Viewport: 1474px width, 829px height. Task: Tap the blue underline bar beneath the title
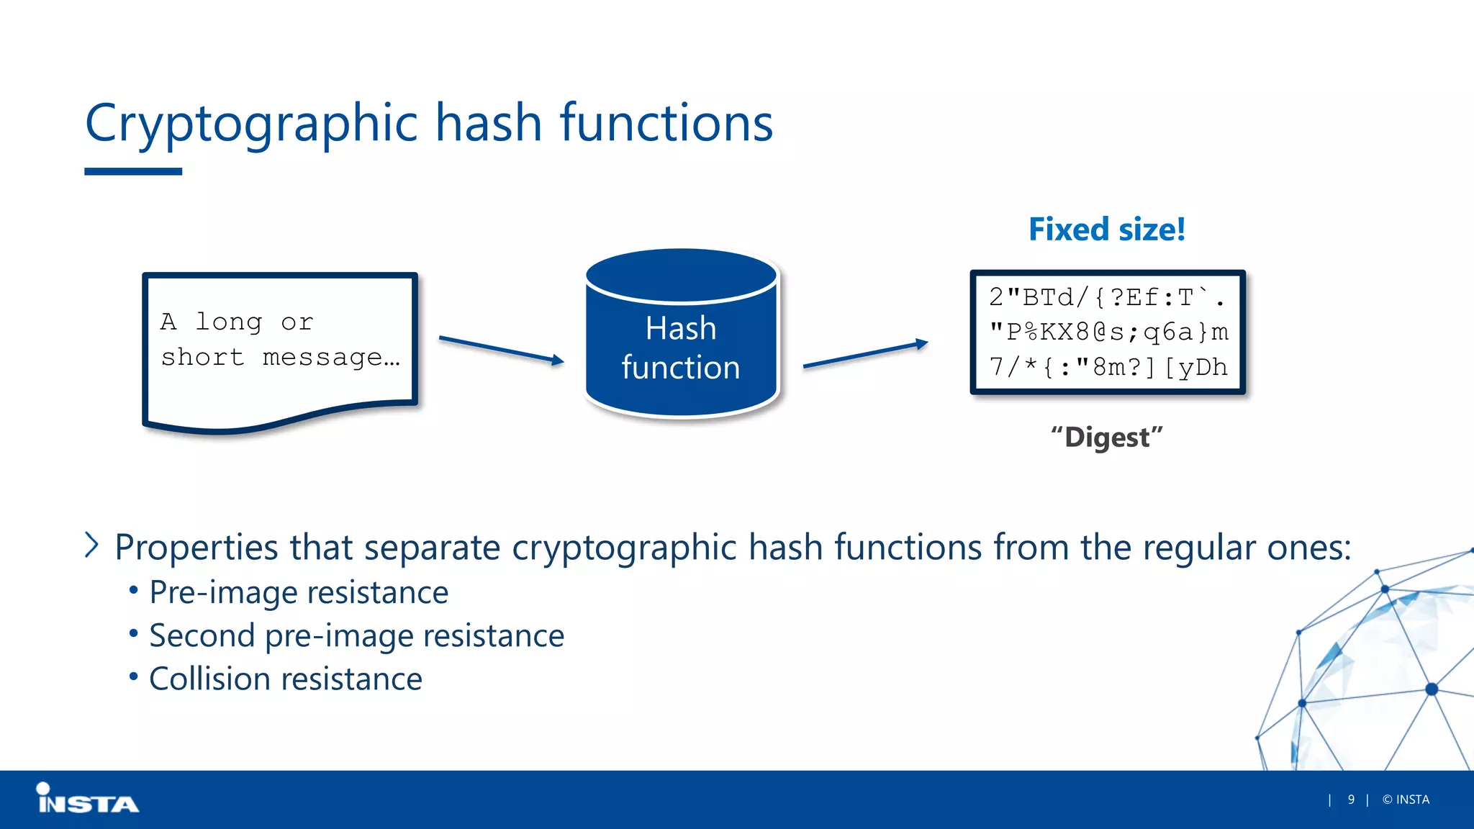[133, 172]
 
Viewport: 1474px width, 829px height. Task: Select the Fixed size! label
[1106, 230]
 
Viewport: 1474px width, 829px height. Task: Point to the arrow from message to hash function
[501, 350]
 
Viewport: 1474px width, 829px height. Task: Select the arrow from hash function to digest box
[865, 355]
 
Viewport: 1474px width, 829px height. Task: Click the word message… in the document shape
[330, 357]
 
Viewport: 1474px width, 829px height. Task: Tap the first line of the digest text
[1106, 297]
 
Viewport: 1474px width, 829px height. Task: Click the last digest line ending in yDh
[1108, 367]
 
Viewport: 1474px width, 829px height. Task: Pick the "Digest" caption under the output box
[1106, 438]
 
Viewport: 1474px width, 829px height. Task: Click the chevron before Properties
[91, 545]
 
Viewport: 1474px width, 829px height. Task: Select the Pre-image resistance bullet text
[299, 593]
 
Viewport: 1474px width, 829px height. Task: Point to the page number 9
[1351, 799]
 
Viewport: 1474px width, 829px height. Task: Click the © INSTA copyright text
[1406, 799]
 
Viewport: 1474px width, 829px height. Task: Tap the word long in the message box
[229, 322]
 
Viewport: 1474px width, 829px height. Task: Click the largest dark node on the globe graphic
[1432, 689]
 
